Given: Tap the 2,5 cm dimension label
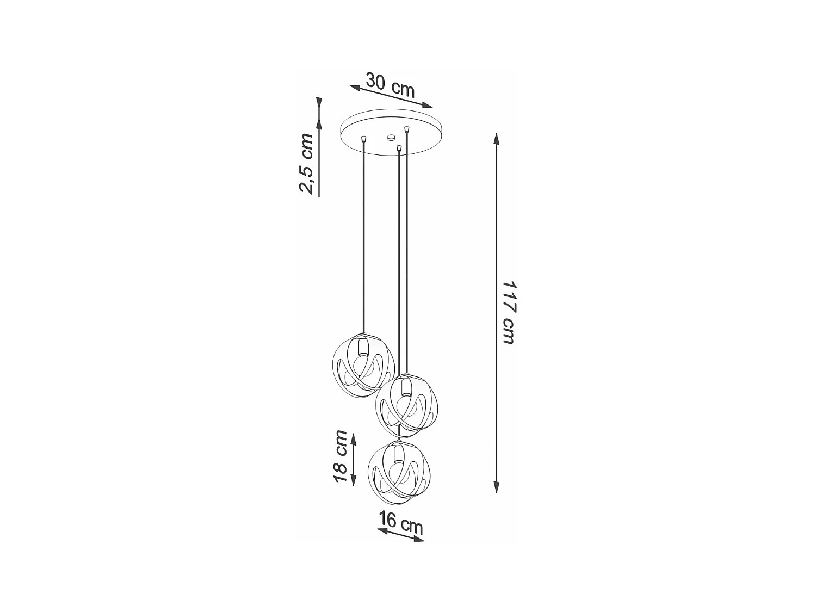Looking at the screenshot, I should coord(306,163).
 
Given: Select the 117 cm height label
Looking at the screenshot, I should coord(508,312).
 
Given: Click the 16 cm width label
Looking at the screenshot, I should coord(401,523).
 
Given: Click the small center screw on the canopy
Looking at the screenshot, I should coord(390,137).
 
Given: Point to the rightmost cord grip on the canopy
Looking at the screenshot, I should coord(406,129).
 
